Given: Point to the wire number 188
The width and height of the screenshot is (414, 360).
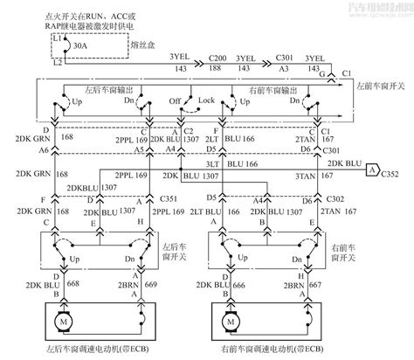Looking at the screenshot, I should point(218,66).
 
